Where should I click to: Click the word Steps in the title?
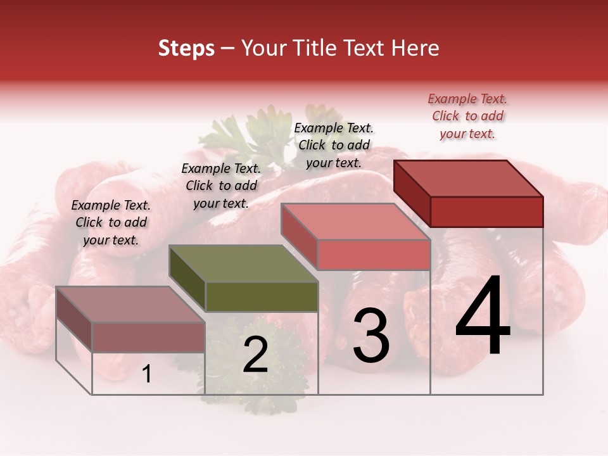pyautogui.click(x=186, y=49)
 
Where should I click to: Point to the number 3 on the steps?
pyautogui.click(x=370, y=335)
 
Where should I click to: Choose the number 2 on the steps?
pyautogui.click(x=255, y=355)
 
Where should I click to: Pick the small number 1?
pyautogui.click(x=146, y=374)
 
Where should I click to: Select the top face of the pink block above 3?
pyautogui.click(x=355, y=222)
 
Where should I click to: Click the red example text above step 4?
pyautogui.click(x=467, y=116)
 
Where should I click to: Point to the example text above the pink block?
pyautogui.click(x=334, y=145)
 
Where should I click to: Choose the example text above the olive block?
pyautogui.click(x=221, y=186)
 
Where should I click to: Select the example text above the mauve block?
pyautogui.click(x=111, y=222)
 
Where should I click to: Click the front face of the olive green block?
pyautogui.click(x=262, y=296)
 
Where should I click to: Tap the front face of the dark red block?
pyautogui.click(x=486, y=212)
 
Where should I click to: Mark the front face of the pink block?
pyautogui.click(x=374, y=254)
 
